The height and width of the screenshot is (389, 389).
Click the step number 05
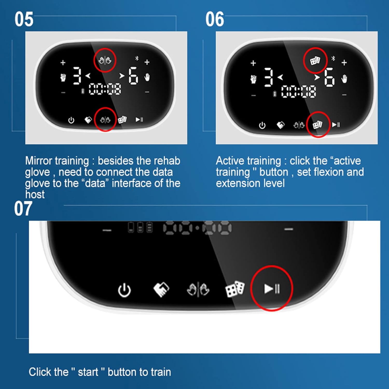click(x=24, y=19)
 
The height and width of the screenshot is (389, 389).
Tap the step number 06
click(x=215, y=19)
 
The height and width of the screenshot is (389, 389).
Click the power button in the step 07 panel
click(x=124, y=290)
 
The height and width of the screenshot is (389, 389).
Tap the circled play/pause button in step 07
click(x=272, y=288)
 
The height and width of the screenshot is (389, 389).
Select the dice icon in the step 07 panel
click(x=235, y=289)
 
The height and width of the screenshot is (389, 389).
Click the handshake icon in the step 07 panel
click(x=161, y=289)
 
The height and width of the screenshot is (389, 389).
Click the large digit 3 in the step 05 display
click(x=77, y=76)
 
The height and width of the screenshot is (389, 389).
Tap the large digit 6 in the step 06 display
click(x=329, y=77)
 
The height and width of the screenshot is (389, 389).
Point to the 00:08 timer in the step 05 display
click(x=105, y=89)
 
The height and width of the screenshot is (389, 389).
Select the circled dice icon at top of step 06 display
click(x=315, y=61)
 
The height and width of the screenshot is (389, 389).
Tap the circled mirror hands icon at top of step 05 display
click(x=105, y=61)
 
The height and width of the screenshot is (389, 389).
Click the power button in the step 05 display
click(x=71, y=120)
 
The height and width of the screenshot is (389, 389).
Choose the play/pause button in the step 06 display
click(x=336, y=125)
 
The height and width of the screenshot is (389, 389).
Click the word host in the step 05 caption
click(x=35, y=195)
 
